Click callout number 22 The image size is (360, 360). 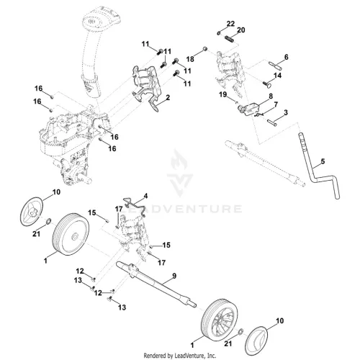click(x=230, y=24)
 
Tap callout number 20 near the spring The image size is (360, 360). click(x=240, y=30)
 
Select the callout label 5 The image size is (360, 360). click(x=323, y=161)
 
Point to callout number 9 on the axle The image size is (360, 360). click(x=174, y=276)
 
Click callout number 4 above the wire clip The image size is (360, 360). click(x=145, y=196)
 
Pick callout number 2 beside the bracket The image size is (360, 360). click(x=168, y=97)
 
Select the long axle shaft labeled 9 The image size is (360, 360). click(x=156, y=284)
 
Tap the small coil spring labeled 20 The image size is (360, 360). click(x=230, y=38)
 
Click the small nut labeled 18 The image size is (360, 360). click(x=204, y=49)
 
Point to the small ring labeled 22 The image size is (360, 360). click(x=219, y=32)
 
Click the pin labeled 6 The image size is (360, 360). click(x=275, y=65)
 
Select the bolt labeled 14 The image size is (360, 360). click(x=267, y=84)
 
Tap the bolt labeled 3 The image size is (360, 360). click(x=272, y=122)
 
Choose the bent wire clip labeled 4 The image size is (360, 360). click(x=135, y=204)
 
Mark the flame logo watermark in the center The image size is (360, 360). click(x=180, y=173)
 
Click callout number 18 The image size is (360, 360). click(x=190, y=59)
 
